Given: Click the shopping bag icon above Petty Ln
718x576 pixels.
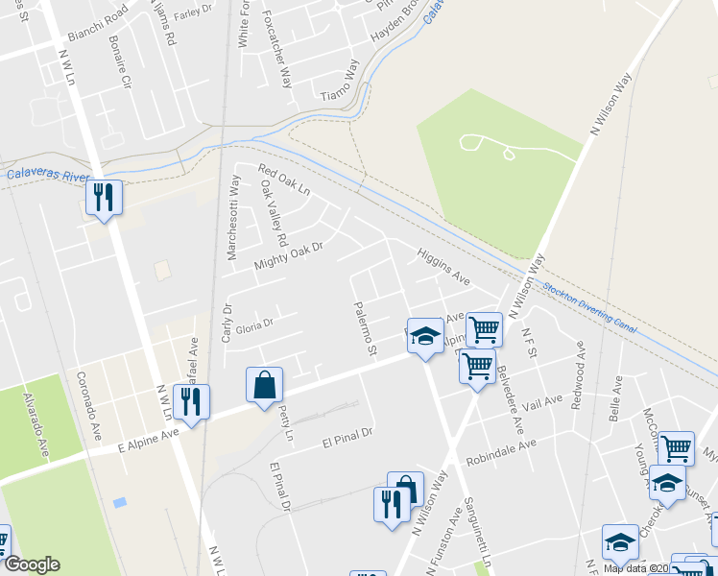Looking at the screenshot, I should click(264, 386).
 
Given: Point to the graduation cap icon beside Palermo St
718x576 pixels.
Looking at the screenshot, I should click(425, 336).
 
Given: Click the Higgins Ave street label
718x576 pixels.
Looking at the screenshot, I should click(443, 268).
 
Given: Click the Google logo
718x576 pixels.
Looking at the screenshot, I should click(31, 564).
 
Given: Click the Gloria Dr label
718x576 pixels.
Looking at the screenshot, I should click(255, 324).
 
